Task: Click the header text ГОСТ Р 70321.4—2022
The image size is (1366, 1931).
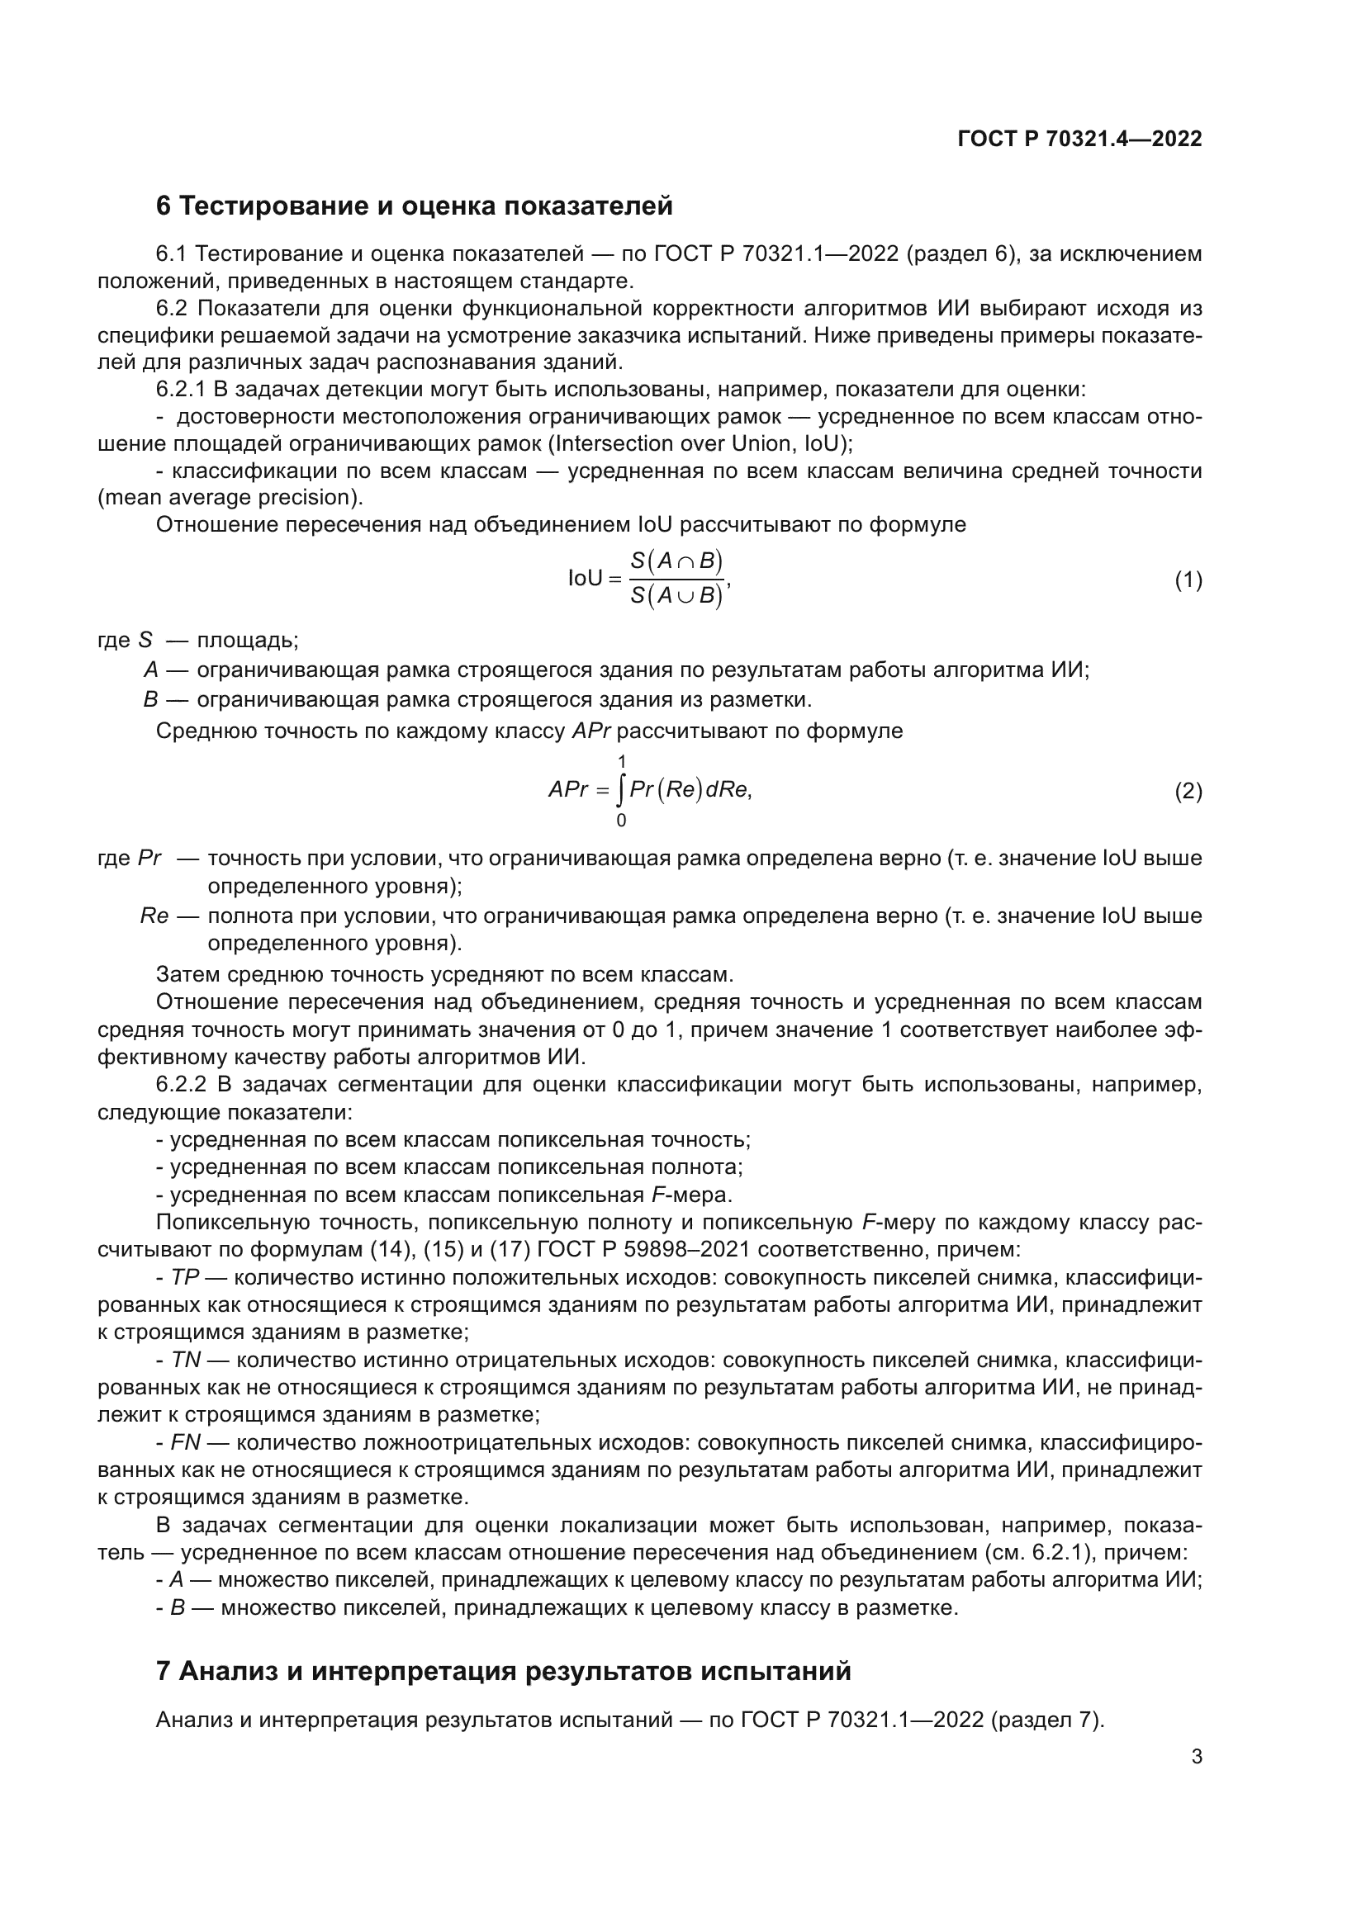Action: tap(1079, 139)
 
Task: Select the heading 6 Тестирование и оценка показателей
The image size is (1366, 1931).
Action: tap(414, 206)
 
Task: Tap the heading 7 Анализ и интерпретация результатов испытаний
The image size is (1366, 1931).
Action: tap(503, 1671)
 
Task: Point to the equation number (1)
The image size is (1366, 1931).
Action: tap(1188, 580)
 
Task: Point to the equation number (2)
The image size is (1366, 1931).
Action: tap(1188, 791)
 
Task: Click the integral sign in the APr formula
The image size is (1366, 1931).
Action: tap(621, 791)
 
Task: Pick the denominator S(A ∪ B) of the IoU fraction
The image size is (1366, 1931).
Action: tap(677, 596)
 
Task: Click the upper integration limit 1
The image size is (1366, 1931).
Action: tap(622, 762)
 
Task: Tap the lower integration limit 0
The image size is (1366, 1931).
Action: tap(622, 820)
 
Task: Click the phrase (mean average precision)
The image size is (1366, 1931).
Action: tap(230, 497)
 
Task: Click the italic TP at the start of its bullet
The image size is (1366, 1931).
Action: tap(184, 1277)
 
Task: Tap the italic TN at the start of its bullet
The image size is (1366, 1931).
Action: tap(186, 1360)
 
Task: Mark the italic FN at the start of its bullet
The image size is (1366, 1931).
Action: tap(185, 1442)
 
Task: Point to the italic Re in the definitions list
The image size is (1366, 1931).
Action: tap(154, 916)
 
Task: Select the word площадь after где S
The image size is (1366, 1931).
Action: tap(246, 640)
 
